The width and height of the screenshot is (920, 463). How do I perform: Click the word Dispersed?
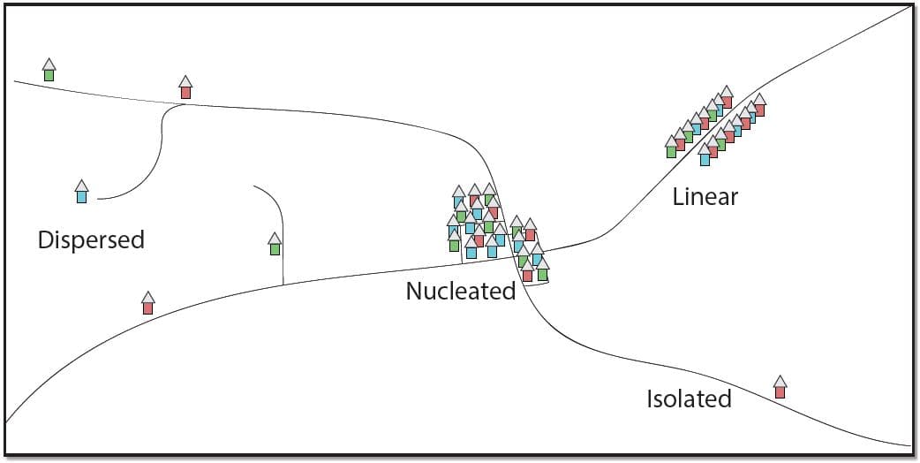tap(91, 240)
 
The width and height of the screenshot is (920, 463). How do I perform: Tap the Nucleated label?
tap(461, 291)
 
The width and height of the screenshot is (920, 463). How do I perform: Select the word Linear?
tap(705, 196)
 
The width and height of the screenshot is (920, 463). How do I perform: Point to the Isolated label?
tap(689, 399)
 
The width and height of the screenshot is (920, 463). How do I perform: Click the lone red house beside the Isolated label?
tap(780, 387)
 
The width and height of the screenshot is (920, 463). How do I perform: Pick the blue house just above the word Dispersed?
tap(81, 192)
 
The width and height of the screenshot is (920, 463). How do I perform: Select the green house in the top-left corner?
tap(49, 70)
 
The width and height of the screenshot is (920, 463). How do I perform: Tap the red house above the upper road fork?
tap(185, 87)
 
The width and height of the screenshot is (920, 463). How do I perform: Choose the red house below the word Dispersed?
tap(147, 303)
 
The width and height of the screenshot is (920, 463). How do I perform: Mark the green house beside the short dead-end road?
tap(275, 244)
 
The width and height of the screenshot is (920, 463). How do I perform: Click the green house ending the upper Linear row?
tap(671, 147)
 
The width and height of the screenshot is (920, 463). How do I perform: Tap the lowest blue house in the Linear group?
tap(705, 155)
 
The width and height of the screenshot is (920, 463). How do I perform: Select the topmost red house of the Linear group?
tap(727, 97)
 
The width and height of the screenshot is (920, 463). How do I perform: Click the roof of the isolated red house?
tap(780, 381)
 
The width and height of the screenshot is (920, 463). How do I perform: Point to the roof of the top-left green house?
tap(49, 64)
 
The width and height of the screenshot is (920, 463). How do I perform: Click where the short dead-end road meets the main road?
tap(283, 285)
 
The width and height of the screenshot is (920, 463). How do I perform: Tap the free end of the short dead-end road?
tap(254, 186)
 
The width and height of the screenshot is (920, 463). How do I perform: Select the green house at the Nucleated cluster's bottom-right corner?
tap(543, 269)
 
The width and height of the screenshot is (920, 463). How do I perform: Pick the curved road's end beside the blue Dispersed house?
tap(97, 199)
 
